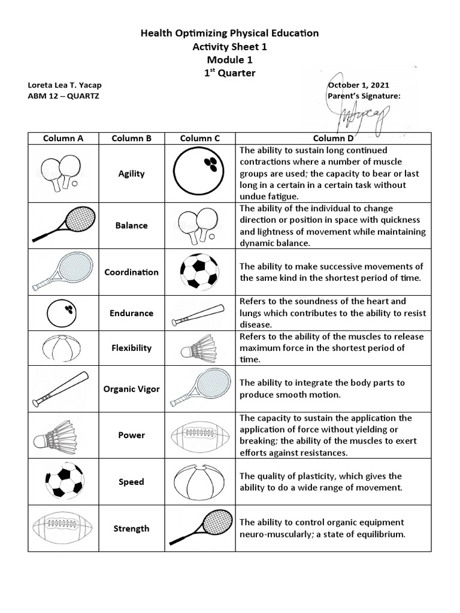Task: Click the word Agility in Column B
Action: pyautogui.click(x=131, y=174)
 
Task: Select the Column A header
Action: pyautogui.click(x=63, y=138)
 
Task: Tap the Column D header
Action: pyautogui.click(x=333, y=138)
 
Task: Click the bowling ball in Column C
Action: pyautogui.click(x=199, y=173)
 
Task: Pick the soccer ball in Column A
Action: pyautogui.click(x=63, y=482)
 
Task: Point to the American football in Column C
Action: pyautogui.click(x=199, y=435)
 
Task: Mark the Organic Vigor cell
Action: pyautogui.click(x=131, y=389)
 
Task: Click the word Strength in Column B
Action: pyautogui.click(x=131, y=529)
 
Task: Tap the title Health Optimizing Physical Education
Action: pyautogui.click(x=229, y=34)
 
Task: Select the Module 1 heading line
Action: pyautogui.click(x=229, y=60)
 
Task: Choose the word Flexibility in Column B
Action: pyautogui.click(x=131, y=348)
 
